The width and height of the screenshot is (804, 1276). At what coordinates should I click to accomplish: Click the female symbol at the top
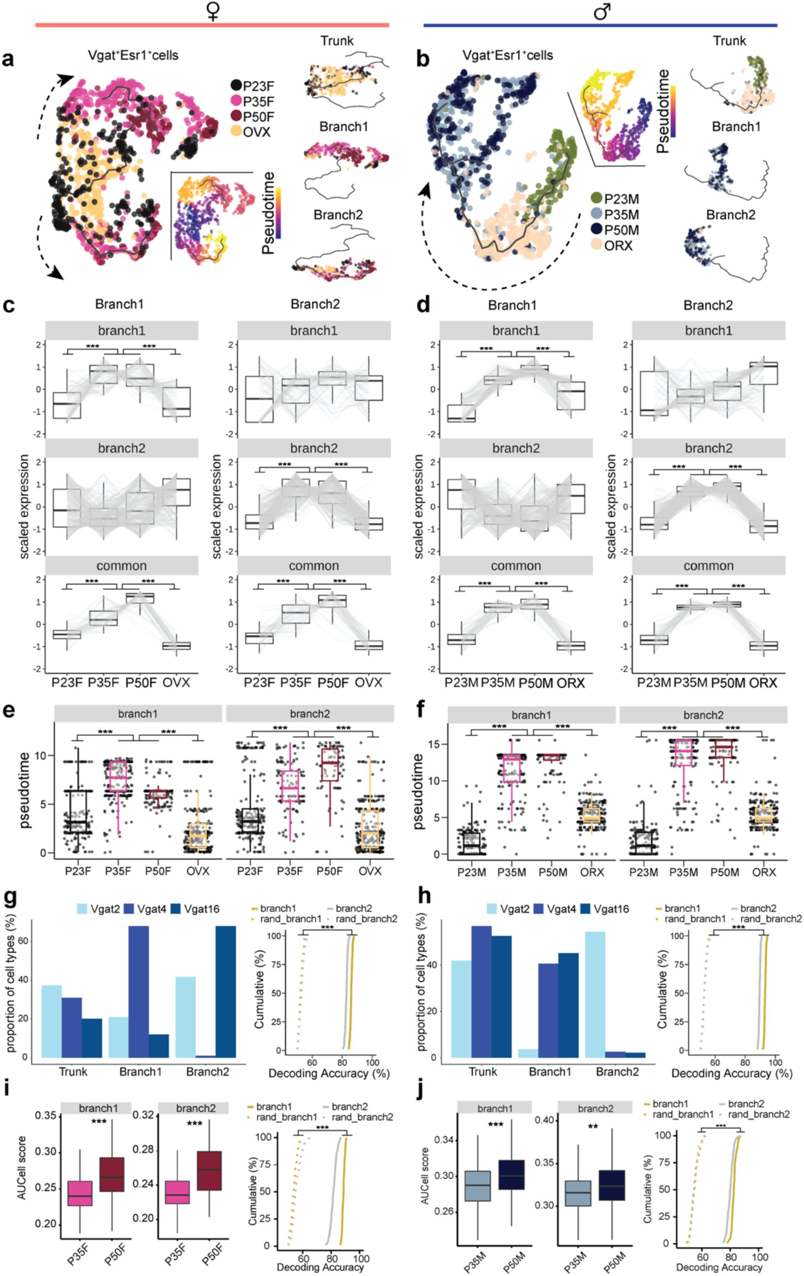[x=213, y=11]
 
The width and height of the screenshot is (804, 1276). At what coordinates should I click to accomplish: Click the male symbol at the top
[x=602, y=11]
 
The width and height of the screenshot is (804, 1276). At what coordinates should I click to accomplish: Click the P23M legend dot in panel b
[x=597, y=199]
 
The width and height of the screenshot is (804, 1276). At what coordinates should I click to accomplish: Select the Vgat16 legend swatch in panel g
[x=175, y=909]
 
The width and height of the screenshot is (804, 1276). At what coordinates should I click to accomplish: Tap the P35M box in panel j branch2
[x=578, y=1193]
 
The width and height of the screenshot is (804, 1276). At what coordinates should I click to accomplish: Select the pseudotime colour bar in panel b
[x=673, y=111]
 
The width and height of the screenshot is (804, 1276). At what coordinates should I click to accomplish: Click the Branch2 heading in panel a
[x=338, y=214]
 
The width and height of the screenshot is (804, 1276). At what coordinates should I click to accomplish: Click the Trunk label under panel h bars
[x=483, y=1071]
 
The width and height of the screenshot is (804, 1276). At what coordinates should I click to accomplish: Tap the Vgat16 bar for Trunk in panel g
[x=92, y=1037]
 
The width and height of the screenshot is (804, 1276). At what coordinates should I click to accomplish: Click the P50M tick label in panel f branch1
[x=553, y=872]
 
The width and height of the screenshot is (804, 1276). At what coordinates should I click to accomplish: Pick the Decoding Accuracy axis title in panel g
[x=329, y=1073]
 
